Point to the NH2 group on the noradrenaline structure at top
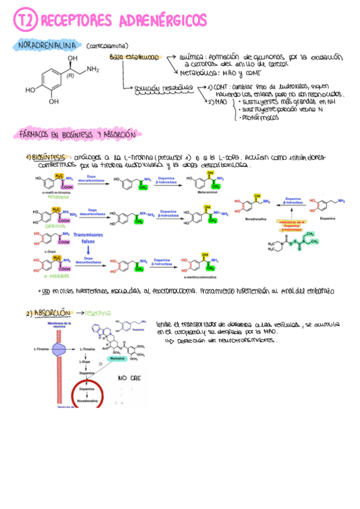92,70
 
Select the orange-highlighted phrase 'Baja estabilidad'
134,58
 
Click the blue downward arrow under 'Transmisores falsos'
88,250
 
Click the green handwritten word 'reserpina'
101,313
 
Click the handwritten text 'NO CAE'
129,379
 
